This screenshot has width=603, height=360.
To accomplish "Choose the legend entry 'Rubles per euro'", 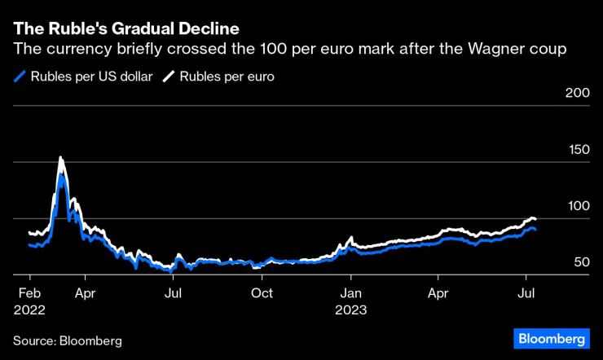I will point(227,77).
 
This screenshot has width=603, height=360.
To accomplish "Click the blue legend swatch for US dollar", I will point(20,77).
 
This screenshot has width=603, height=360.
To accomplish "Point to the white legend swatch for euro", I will point(169,77).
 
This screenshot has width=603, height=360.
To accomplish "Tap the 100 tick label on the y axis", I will point(577,206).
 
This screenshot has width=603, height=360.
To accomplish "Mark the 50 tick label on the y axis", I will point(581,262).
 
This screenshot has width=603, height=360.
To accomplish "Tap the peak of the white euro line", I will point(60,158).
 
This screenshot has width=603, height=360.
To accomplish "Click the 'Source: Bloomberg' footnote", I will point(67,340).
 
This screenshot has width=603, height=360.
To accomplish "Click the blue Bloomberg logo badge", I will point(552,338).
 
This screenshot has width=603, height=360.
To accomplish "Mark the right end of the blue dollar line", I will point(535,230).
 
